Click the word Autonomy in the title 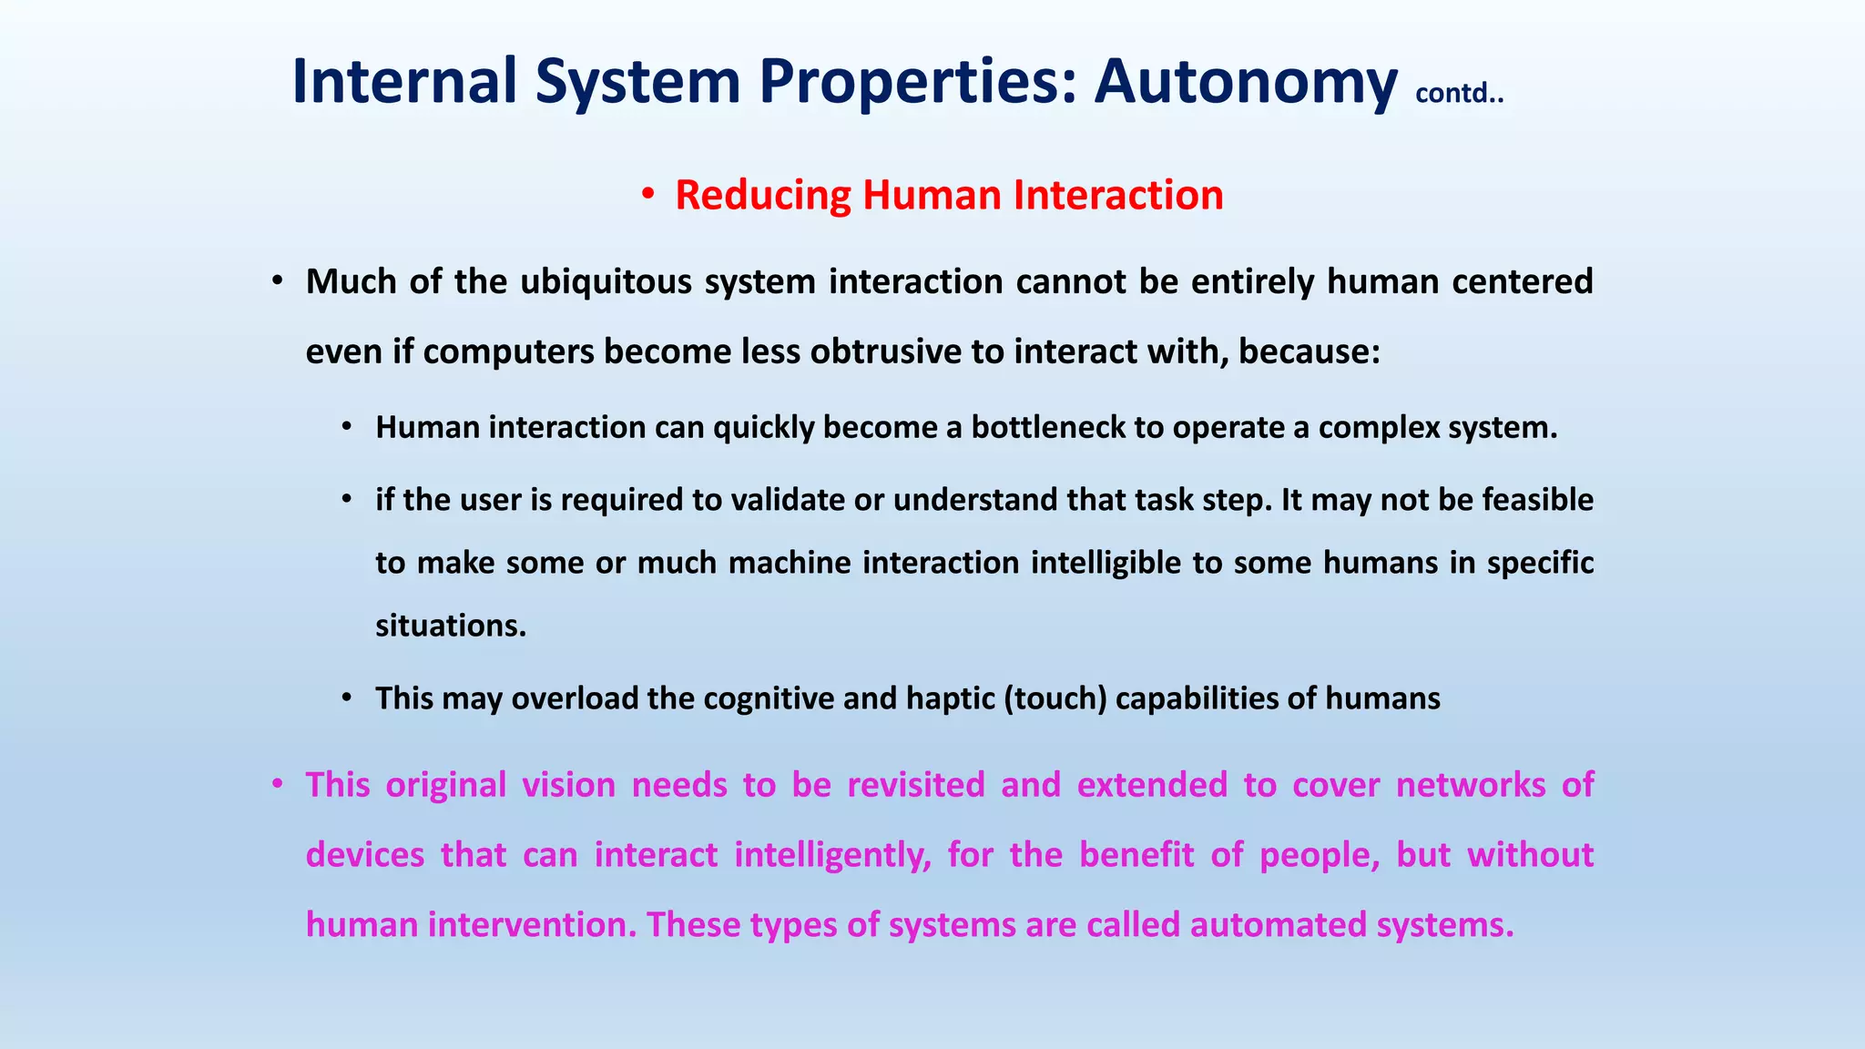pyautogui.click(x=1245, y=82)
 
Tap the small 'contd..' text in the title pyautogui.click(x=1459, y=93)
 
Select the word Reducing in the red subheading pyautogui.click(x=762, y=196)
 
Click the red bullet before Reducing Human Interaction pyautogui.click(x=647, y=194)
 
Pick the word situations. pyautogui.click(x=451, y=626)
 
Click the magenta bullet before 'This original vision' pyautogui.click(x=279, y=784)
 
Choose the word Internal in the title pyautogui.click(x=404, y=82)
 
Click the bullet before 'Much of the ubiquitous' pyautogui.click(x=279, y=281)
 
